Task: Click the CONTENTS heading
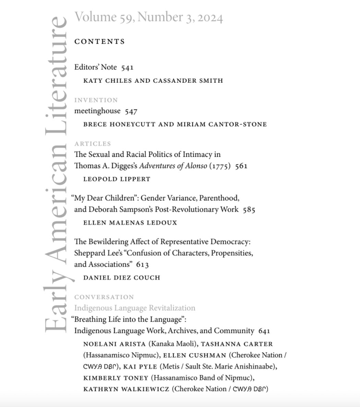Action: coord(99,42)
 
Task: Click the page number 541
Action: coord(127,68)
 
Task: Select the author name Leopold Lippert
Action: coord(117,179)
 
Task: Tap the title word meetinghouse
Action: coord(97,111)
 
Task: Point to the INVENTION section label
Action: coord(96,100)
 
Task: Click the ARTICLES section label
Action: coord(93,144)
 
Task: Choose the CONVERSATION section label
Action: coord(104,297)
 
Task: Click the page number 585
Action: coord(249,210)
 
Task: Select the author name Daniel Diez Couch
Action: coord(122,277)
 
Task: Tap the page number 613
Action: coord(142,265)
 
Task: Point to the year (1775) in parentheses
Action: coord(220,166)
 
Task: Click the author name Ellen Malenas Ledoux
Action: coord(130,223)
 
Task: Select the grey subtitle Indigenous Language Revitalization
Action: coord(135,308)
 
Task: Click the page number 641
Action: coord(264,331)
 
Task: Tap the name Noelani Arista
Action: coord(108,344)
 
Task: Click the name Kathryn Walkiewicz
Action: coord(126,389)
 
